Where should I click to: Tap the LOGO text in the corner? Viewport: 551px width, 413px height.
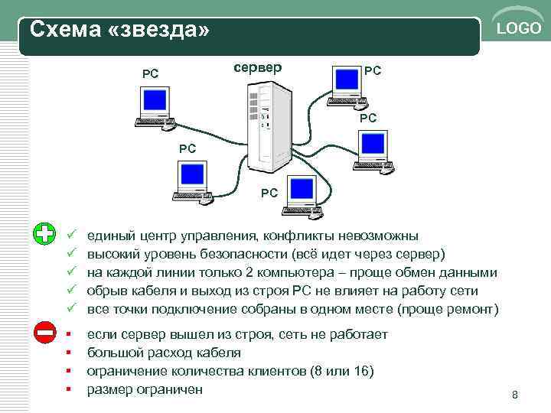tap(519, 29)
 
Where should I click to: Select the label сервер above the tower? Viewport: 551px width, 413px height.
tap(257, 67)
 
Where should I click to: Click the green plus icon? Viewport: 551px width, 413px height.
tap(45, 234)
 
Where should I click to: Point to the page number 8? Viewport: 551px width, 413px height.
tap(515, 395)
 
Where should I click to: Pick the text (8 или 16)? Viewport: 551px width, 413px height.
tap(344, 371)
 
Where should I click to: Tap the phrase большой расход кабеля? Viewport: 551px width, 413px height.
tap(164, 353)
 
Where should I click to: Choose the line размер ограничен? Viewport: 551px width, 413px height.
tap(145, 389)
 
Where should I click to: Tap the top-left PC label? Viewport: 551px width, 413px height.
tap(151, 74)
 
